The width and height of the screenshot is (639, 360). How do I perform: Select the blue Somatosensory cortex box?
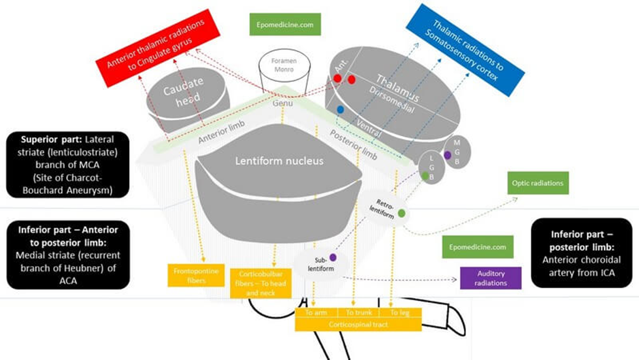pos(464,50)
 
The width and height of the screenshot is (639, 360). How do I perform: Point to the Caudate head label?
pos(183,92)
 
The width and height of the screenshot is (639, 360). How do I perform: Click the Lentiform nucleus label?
pos(279,161)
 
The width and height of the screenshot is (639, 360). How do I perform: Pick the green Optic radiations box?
pos(538,183)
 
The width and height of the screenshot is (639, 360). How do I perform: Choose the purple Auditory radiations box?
pos(491,278)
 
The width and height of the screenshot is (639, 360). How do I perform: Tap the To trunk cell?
pos(357,312)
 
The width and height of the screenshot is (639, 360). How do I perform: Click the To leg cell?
pos(400,312)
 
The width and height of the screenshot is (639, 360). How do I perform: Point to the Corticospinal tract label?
pos(358,324)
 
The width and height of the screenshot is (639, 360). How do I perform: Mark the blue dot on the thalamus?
pos(340,110)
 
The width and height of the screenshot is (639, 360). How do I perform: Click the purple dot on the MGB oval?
pos(448,155)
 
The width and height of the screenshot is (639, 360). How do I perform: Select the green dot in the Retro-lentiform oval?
pos(402,213)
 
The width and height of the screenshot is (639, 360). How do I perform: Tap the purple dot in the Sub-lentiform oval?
pos(333,257)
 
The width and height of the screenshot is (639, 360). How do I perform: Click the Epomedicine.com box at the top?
pos(285,24)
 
